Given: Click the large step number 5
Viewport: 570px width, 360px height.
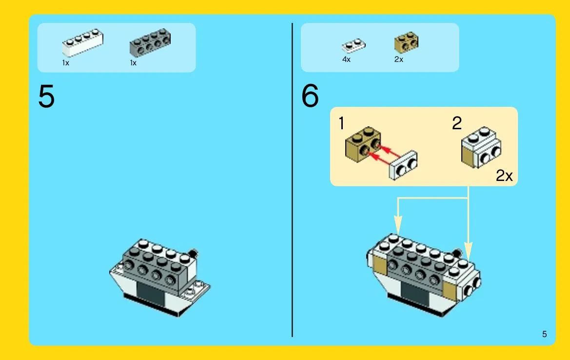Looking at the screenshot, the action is [x=46, y=96].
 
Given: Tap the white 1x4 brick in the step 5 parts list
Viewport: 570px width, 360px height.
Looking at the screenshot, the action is [x=82, y=42].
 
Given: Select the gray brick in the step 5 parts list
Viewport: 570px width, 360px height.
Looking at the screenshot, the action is [x=150, y=43].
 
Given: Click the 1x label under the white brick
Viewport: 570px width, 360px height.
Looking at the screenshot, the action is [x=65, y=63].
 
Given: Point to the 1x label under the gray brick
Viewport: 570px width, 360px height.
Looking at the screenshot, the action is [x=133, y=63].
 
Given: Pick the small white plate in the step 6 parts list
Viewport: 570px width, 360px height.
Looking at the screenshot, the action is [x=354, y=46].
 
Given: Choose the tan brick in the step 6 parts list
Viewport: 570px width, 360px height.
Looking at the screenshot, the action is [x=407, y=42].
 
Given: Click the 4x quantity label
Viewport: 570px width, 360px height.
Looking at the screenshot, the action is [x=346, y=60].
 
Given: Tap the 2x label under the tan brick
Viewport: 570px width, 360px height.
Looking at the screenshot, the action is [x=398, y=60].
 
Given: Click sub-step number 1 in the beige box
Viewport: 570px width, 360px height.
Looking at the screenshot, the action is [x=341, y=123].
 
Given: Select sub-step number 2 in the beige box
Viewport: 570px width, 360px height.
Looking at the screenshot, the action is [x=457, y=123].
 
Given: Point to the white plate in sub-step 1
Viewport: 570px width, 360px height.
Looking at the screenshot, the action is [x=403, y=165].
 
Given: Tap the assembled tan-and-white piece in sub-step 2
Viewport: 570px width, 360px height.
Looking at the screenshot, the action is [x=481, y=147].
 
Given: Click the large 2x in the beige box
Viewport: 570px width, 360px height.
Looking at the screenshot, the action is [x=504, y=176].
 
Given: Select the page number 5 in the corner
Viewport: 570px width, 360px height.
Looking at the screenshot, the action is [x=544, y=334].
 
